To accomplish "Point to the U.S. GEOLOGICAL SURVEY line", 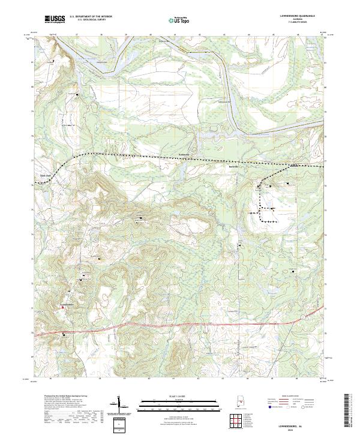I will click(91, 20).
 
